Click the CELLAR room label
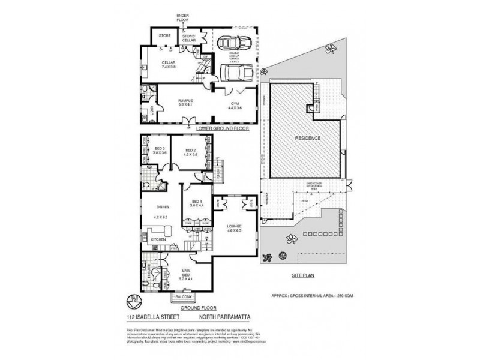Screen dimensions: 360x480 point(168,62)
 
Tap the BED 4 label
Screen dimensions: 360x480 point(196,202)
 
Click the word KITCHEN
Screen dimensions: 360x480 point(158,239)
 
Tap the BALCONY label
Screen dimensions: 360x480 point(183,297)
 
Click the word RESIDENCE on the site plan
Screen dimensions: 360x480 point(308,139)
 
